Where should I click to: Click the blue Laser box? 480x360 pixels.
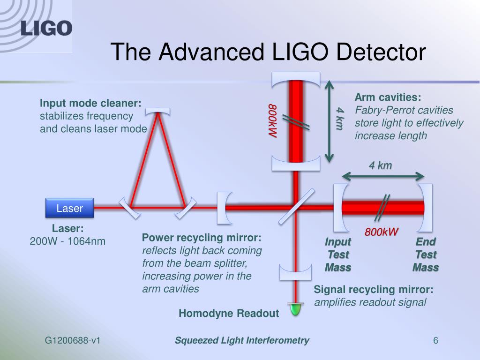69,208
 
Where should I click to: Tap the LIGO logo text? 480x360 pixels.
46,29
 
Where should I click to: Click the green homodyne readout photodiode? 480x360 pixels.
295,309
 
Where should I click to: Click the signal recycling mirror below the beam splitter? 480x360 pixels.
295,272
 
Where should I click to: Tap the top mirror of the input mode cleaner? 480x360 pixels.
157,112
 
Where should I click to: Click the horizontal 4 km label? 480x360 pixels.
380,165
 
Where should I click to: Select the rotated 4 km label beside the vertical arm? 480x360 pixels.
339,118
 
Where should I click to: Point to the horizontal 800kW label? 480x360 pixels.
382,232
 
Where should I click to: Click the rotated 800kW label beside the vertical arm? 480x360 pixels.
272,120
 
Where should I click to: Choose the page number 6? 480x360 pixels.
435,340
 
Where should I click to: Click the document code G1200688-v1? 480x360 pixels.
73,340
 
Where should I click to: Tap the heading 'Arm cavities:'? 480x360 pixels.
388,97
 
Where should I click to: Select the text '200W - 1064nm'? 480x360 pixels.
67,241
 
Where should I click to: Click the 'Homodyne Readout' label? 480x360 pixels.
229,313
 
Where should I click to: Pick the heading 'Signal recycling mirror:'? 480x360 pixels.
374,289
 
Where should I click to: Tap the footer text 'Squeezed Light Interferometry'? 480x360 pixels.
242,340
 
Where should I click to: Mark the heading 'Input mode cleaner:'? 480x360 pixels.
90,103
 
